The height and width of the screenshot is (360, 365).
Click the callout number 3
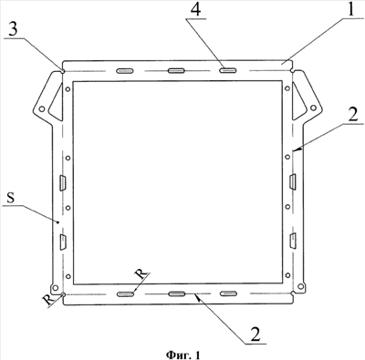[x=12, y=30]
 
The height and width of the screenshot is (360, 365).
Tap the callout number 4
[x=195, y=10]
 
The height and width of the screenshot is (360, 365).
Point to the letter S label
[x=11, y=198]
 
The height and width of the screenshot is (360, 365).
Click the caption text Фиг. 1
[x=183, y=355]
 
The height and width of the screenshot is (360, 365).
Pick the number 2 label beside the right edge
[x=353, y=115]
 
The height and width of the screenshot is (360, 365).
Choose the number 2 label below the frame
[x=255, y=335]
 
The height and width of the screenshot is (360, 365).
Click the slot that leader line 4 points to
[x=228, y=70]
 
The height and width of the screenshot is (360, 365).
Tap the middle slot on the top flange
[x=177, y=71]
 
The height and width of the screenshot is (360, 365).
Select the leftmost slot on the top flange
[x=125, y=71]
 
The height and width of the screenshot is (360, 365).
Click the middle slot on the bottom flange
[x=177, y=293]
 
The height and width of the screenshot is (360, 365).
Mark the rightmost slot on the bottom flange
[x=228, y=293]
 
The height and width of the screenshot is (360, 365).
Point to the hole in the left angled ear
[x=42, y=108]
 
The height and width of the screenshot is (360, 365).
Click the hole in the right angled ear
[x=313, y=108]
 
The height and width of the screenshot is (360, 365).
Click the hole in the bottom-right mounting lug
[x=300, y=286]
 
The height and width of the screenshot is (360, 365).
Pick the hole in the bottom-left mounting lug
[x=55, y=287]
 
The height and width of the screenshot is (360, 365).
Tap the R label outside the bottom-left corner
[x=48, y=300]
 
